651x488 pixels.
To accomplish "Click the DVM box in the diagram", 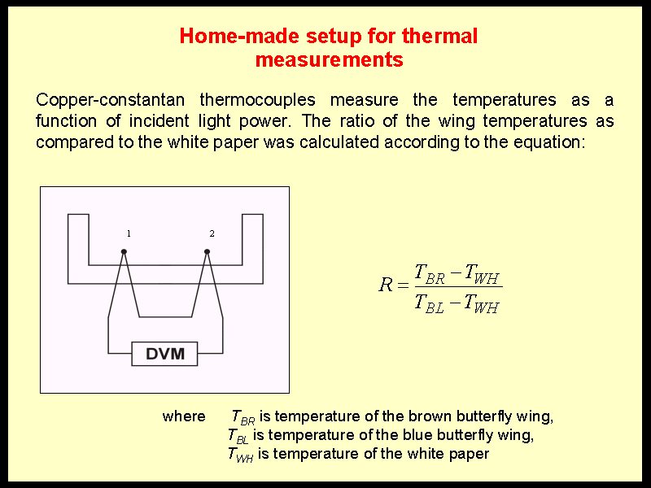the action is (164, 354).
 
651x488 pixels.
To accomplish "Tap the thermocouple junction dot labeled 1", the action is (124, 251).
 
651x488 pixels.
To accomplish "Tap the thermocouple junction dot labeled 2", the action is (208, 251).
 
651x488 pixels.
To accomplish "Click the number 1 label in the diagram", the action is (129, 233).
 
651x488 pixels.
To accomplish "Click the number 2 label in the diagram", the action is (212, 233).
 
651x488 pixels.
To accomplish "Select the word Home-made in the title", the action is (239, 36).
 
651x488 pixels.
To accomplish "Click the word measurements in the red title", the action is (330, 59).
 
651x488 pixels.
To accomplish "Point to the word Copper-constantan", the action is (110, 100).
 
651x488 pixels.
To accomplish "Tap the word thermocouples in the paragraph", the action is (257, 100).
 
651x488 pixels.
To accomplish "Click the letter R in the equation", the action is (386, 285).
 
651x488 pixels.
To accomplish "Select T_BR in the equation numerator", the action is (430, 274).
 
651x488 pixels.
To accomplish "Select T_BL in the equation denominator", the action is (430, 303).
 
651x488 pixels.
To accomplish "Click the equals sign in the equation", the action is (403, 285).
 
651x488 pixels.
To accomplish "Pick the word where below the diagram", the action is (184, 416).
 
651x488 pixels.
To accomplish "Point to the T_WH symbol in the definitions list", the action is (240, 455).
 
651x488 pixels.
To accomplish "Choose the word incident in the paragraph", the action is (159, 120).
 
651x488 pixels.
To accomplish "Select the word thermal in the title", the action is (439, 36).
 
